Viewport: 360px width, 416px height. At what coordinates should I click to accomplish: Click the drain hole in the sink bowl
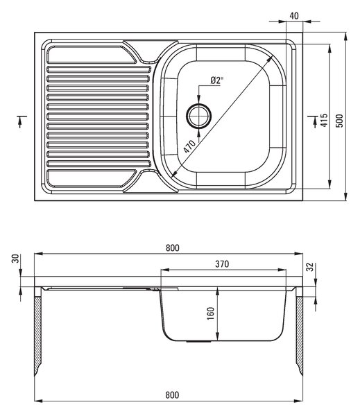coord(199,116)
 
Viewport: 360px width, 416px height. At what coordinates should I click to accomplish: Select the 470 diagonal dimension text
coord(189,146)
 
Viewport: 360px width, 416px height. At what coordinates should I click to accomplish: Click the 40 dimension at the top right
coord(294,16)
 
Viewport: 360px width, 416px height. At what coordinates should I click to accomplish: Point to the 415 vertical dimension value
coord(324,120)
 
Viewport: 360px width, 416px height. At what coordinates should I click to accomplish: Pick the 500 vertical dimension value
coord(339,121)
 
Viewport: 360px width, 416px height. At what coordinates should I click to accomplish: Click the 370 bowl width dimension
coord(222,264)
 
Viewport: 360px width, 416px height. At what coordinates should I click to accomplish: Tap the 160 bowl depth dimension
coord(211,313)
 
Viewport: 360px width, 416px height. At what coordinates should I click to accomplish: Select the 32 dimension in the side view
coord(310,267)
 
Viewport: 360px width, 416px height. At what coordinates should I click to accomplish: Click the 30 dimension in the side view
coord(15,259)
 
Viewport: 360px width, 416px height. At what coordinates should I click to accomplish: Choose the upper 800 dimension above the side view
coord(173,248)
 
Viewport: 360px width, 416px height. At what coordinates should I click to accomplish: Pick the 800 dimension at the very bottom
coord(172,395)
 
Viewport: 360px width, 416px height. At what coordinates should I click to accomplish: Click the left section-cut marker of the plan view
coord(21,121)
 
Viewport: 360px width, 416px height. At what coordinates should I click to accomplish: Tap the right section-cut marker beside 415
coord(314,121)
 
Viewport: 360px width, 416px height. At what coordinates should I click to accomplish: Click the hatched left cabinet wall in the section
coord(38,336)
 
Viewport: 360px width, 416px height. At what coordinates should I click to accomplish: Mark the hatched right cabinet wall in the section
coord(300,336)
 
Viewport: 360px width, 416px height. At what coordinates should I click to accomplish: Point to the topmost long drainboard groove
coord(98,69)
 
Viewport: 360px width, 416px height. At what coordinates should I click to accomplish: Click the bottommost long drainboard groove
coord(98,164)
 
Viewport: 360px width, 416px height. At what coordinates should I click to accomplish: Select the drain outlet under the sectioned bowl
coord(199,342)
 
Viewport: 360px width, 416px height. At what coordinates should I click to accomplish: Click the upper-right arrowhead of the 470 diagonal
coord(270,59)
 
